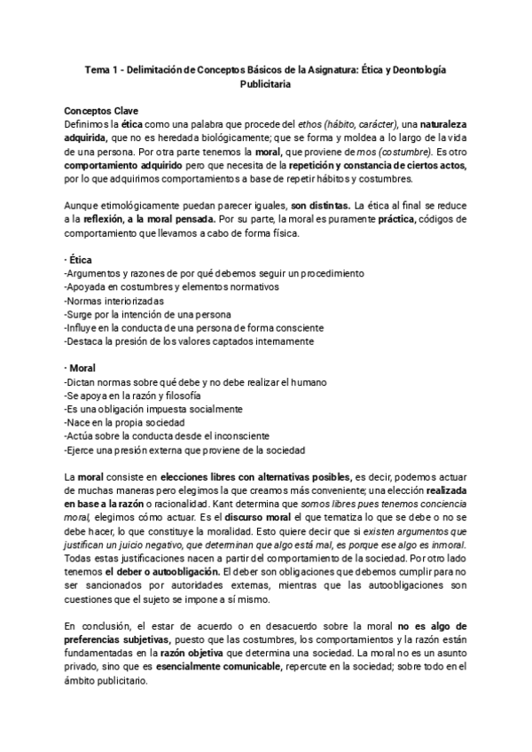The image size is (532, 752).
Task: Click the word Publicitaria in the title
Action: (x=266, y=85)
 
